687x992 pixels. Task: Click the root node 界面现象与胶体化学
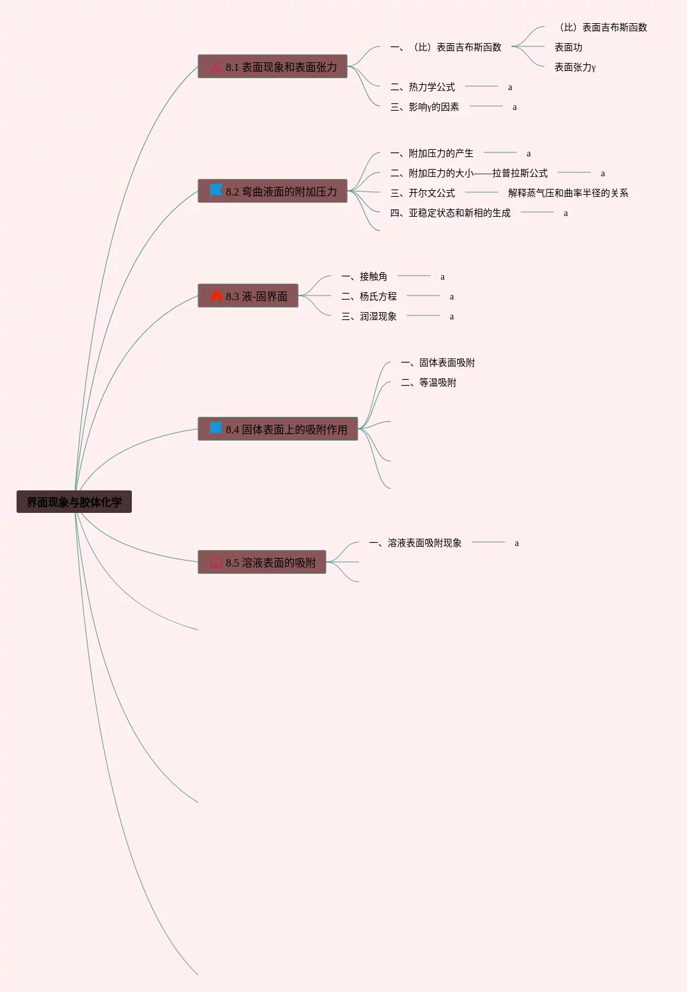[74, 502]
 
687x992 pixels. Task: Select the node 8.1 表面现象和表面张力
[272, 66]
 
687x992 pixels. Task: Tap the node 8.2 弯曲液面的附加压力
[272, 191]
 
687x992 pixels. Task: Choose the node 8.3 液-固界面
[248, 296]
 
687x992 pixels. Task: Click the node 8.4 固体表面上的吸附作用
[278, 429]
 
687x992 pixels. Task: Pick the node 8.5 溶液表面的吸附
[262, 562]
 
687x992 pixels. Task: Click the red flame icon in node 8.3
[216, 296]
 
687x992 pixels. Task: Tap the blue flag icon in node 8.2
[216, 190]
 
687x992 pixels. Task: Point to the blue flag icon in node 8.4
[216, 428]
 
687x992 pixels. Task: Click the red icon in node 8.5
[216, 563]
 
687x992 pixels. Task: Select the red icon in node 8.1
[216, 67]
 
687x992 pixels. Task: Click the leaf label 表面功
[568, 47]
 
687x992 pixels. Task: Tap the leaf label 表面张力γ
[575, 67]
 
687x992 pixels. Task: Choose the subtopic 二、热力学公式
[423, 87]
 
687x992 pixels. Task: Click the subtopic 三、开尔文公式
[423, 193]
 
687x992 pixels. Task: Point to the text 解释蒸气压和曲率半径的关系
[568, 193]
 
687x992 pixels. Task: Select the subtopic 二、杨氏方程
[369, 296]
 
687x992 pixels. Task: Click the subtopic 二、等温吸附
[429, 382]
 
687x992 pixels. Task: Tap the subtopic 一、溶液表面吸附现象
[415, 543]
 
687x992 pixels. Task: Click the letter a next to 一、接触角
[443, 276]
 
